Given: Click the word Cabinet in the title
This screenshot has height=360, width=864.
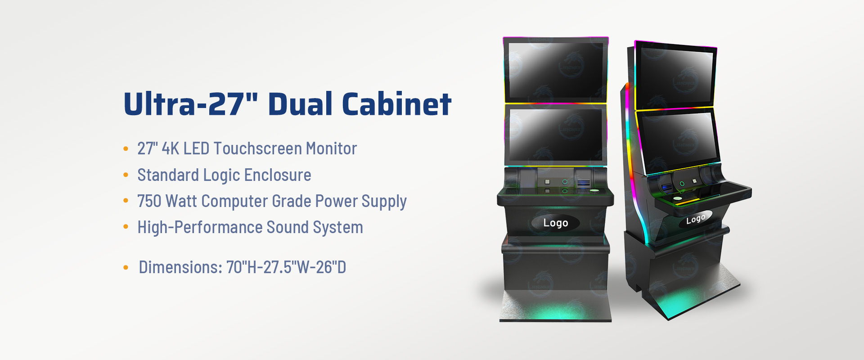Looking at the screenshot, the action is coord(396,104).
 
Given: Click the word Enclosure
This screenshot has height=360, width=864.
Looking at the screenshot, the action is coord(277,175).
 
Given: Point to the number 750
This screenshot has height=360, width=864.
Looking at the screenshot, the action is coord(149,201).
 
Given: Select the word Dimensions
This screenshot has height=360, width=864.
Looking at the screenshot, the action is coord(180,267).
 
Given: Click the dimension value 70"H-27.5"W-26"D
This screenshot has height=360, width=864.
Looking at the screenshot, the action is coord(286,267).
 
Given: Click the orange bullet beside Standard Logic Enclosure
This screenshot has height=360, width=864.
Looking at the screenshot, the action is coord(126,175).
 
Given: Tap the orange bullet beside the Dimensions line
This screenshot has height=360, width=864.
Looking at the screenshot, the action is coord(126,268).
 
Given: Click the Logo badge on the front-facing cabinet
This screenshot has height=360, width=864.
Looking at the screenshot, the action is coord(555,223).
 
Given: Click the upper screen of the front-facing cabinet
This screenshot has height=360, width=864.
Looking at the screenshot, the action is coord(556,70).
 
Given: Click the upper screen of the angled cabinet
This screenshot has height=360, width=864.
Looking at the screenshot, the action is coord(675,76).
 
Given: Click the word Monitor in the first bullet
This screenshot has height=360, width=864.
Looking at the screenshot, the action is coord(331,148).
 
